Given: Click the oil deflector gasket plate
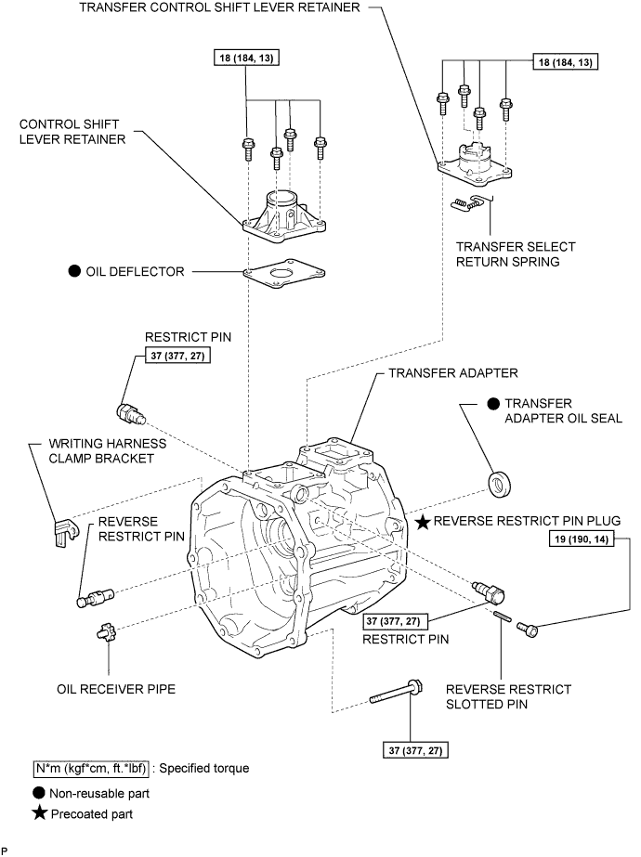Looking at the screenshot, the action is click(284, 273).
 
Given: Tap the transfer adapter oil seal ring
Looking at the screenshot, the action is click(500, 484).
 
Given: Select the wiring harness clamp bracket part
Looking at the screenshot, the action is click(66, 531).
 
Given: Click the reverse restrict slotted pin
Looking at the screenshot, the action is click(503, 616).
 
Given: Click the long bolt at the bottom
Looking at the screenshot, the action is click(396, 692).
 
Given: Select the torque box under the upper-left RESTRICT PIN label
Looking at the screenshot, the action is click(177, 356).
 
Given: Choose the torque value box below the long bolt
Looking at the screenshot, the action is click(415, 750).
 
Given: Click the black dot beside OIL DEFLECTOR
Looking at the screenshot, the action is click(74, 271).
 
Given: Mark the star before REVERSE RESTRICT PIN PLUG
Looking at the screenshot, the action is click(423, 522).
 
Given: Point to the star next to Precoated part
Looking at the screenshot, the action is click(39, 813).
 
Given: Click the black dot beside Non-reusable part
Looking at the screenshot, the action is click(39, 793).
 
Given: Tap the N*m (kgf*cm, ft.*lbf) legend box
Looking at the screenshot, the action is click(91, 769).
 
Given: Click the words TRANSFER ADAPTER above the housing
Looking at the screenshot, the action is click(453, 373).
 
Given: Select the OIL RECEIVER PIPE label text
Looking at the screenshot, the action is click(116, 689).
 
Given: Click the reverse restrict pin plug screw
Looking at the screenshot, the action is click(528, 630).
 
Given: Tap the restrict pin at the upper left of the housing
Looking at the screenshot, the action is click(131, 413).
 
